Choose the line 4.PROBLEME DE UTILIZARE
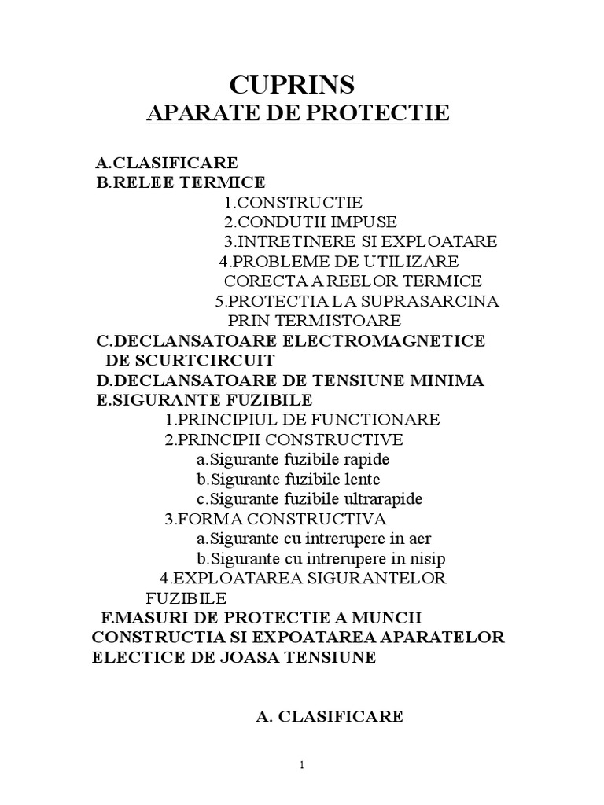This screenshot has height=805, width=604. click(338, 261)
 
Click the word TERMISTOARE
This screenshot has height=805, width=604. click(336, 321)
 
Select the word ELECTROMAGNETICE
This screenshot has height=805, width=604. click(395, 340)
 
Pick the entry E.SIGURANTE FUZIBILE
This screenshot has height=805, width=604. click(204, 400)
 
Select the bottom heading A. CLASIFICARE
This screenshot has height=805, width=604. click(330, 715)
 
